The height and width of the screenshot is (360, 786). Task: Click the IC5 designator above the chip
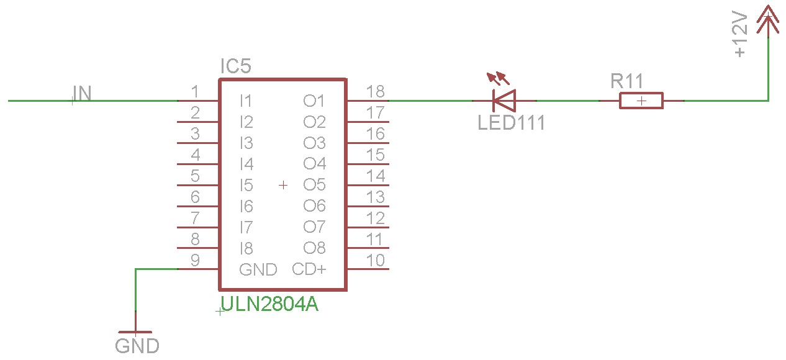click(235, 66)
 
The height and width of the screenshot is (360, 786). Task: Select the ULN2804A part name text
click(270, 304)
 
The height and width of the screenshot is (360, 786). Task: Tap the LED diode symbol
click(504, 100)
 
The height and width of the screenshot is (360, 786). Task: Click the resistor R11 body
click(641, 101)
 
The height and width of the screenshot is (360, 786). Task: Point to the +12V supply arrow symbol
click(768, 19)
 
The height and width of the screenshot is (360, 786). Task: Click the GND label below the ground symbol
click(137, 346)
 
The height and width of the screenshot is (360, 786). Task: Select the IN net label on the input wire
click(83, 93)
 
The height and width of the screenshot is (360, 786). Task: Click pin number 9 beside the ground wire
click(195, 261)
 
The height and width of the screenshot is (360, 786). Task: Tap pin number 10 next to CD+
click(376, 261)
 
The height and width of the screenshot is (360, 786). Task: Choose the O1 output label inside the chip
click(314, 101)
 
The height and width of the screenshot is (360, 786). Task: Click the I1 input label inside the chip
click(246, 101)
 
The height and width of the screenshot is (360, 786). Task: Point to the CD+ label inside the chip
click(309, 269)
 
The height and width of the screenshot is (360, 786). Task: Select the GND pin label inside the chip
click(258, 269)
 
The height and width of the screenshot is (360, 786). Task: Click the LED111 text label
click(511, 123)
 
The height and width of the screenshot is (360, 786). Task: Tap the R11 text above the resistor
click(626, 81)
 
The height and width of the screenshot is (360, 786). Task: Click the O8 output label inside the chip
click(314, 248)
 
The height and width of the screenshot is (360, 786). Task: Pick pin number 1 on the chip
click(195, 92)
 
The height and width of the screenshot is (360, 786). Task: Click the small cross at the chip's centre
click(283, 184)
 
